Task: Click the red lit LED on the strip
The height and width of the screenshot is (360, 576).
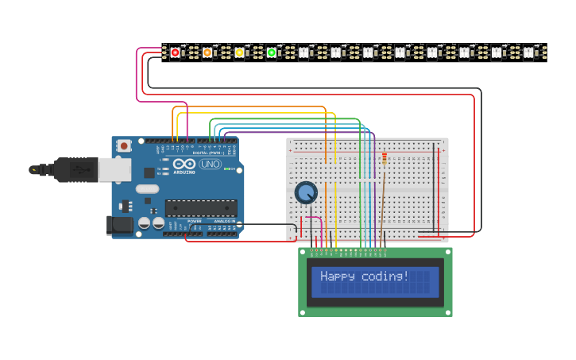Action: pyautogui.click(x=175, y=52)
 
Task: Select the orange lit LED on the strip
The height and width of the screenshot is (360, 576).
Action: pyautogui.click(x=207, y=52)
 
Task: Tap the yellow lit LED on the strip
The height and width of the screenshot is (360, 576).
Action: pyautogui.click(x=239, y=52)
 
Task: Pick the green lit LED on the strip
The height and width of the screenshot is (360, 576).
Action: pyautogui.click(x=271, y=52)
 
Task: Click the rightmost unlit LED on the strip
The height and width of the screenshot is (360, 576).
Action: pyautogui.click(x=528, y=52)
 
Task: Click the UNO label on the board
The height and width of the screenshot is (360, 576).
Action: pyautogui.click(x=210, y=165)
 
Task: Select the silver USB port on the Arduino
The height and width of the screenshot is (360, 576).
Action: pyautogui.click(x=114, y=168)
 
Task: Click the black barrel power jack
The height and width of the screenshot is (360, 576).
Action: pyautogui.click(x=120, y=225)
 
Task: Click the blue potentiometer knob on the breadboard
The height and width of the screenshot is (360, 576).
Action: pyautogui.click(x=306, y=192)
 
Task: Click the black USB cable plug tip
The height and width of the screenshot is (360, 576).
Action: pyautogui.click(x=34, y=169)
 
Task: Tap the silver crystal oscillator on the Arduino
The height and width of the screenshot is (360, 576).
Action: pyautogui.click(x=147, y=189)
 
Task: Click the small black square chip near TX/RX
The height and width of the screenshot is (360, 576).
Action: pyautogui.click(x=149, y=172)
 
